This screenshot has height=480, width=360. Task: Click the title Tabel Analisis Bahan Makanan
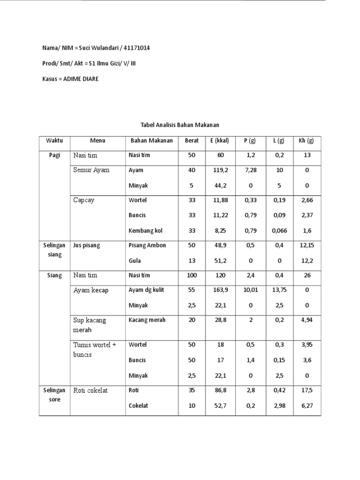point(180,125)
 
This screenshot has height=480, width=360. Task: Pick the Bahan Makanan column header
point(151,141)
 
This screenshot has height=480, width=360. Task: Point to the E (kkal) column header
point(219,141)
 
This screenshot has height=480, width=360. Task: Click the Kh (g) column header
point(307,141)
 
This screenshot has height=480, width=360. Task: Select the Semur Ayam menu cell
point(91,170)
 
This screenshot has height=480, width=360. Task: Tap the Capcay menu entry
point(83,200)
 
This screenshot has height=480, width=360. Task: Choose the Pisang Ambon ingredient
point(147,246)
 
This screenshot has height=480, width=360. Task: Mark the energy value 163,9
point(219,290)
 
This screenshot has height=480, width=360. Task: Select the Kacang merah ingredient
point(147,320)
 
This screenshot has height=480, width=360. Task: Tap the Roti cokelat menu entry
point(90,390)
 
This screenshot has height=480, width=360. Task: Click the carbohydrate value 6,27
point(307,406)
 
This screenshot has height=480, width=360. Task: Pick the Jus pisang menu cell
point(87,246)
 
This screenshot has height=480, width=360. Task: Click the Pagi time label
point(54,155)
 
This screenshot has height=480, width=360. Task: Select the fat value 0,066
point(279,231)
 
